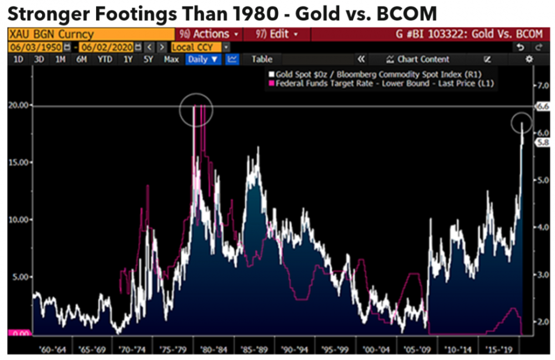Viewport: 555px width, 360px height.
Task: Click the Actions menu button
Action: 210,34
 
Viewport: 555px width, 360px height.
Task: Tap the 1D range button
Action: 18,59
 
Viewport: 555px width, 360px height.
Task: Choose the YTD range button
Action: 105,59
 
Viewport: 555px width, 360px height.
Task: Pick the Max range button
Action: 171,59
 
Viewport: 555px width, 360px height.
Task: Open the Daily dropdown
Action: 203,59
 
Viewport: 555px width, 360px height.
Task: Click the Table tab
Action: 262,59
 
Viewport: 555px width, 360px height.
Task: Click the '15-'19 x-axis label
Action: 498,351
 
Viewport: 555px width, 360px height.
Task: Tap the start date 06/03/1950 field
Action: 34,47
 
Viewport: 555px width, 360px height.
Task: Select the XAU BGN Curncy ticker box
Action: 50,34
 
